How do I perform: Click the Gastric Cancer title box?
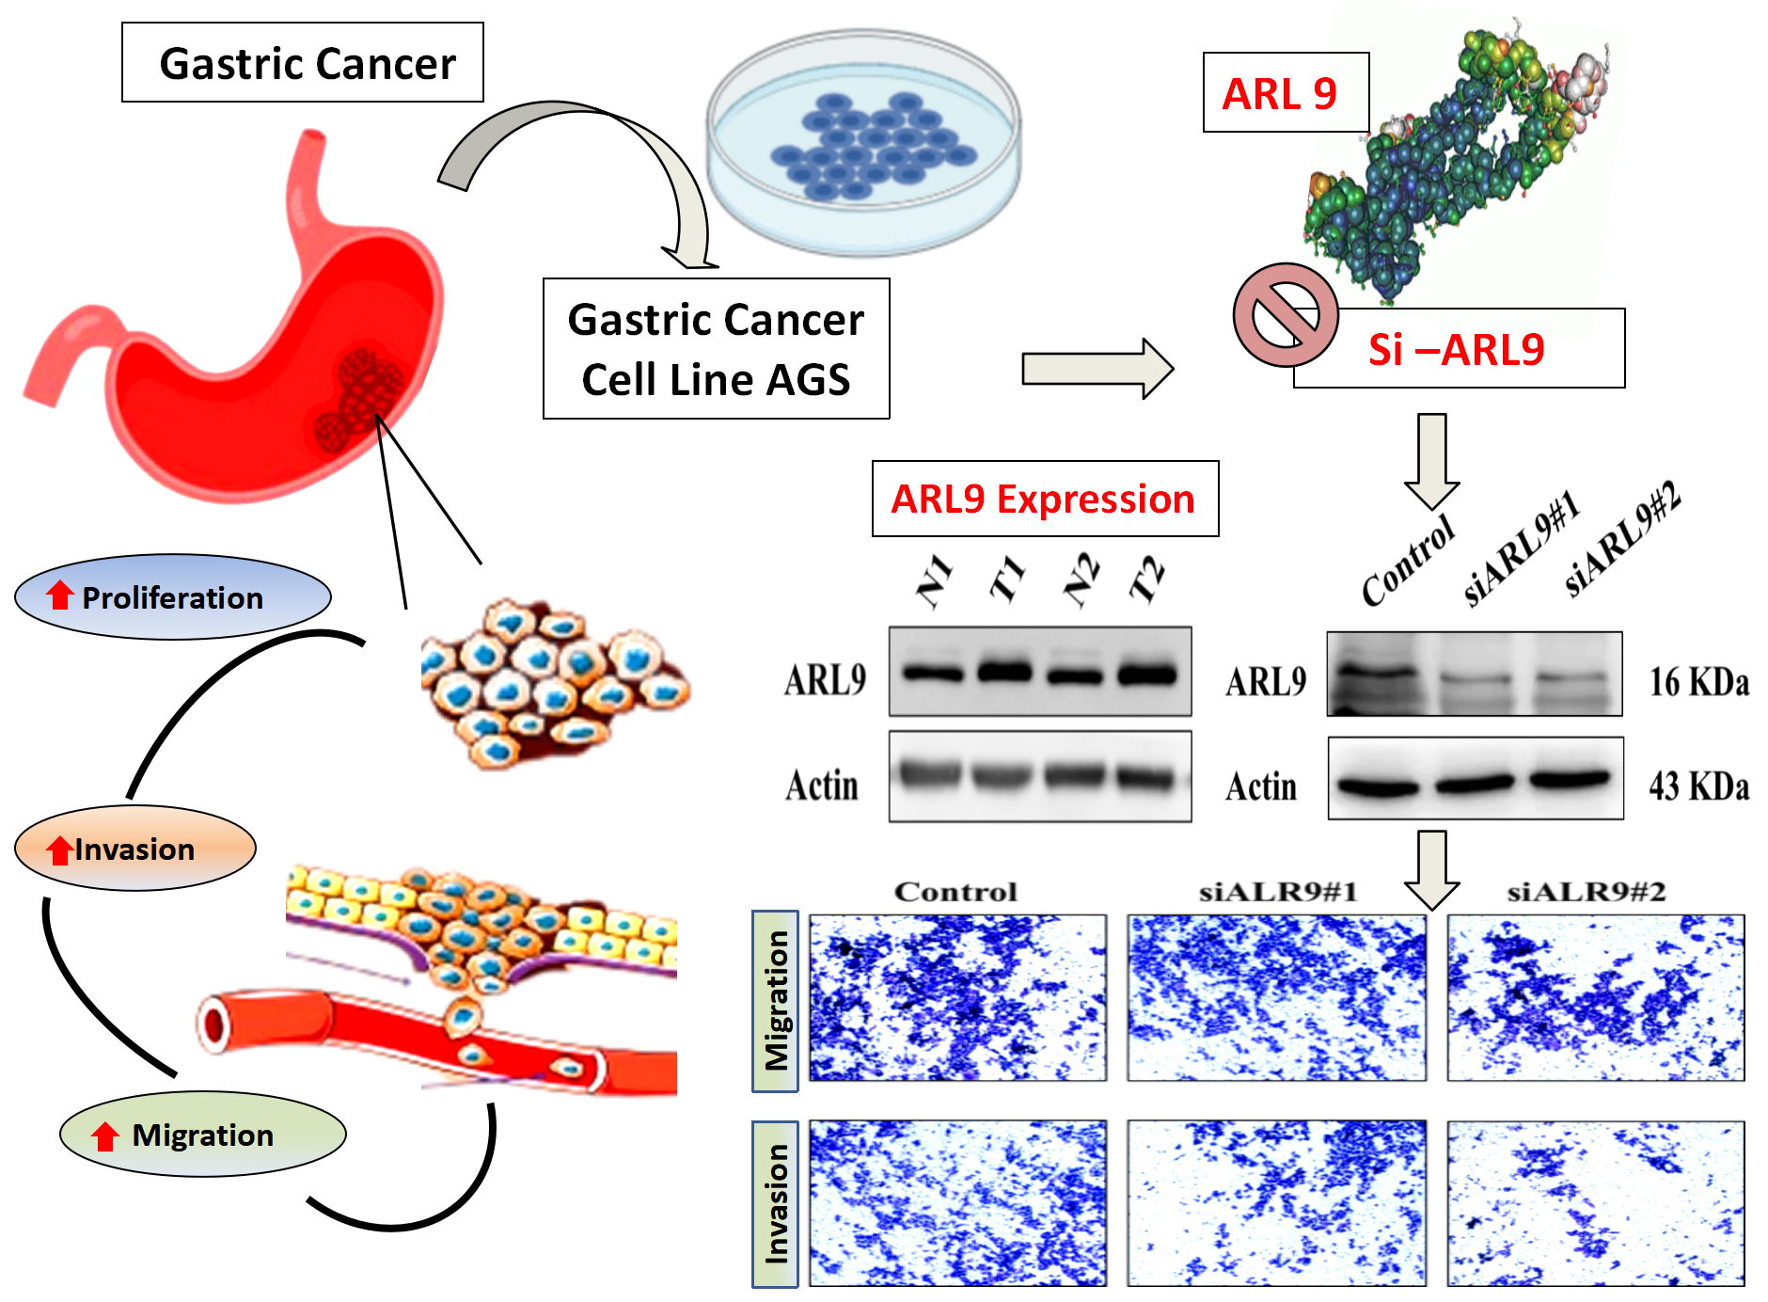click(x=302, y=63)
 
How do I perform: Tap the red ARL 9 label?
click(x=1284, y=93)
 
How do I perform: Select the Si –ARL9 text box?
click(x=1458, y=349)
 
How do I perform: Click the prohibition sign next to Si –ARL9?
click(x=1285, y=315)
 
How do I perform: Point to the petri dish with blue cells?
click(x=863, y=141)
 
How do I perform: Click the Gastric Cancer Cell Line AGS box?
click(x=716, y=349)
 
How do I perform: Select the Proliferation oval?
click(x=173, y=597)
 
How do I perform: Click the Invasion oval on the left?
click(x=134, y=849)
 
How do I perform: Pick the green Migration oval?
click(x=202, y=1135)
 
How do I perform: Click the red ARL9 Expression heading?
click(x=1044, y=499)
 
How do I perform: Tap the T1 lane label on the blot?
click(x=1007, y=579)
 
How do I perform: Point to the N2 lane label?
click(x=1081, y=579)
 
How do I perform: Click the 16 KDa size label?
click(x=1698, y=682)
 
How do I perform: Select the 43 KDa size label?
click(x=1698, y=786)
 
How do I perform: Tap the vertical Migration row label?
click(x=775, y=1001)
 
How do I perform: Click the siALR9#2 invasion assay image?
click(x=1595, y=1203)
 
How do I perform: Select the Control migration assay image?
click(x=957, y=998)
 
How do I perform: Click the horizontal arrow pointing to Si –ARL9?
click(x=1097, y=368)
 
